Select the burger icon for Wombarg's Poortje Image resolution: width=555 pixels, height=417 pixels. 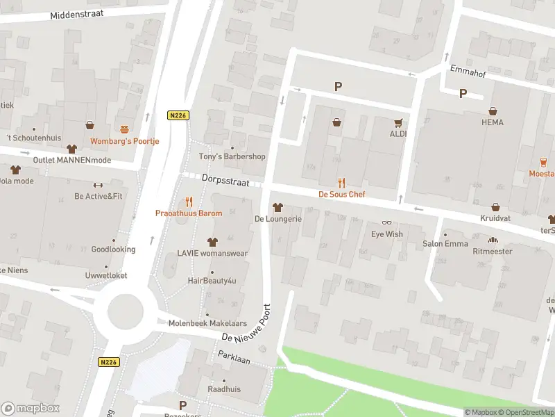tap(125, 129)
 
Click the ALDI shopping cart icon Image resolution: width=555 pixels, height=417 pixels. tap(398, 122)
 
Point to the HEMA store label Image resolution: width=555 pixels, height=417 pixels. tap(493, 122)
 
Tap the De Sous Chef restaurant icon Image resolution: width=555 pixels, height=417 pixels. tap(341, 183)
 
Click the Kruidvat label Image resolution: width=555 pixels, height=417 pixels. tap(495, 218)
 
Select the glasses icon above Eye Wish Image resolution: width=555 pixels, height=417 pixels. tap(386, 222)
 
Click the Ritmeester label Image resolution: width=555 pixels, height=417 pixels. tap(493, 251)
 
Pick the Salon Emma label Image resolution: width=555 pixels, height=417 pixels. tap(445, 244)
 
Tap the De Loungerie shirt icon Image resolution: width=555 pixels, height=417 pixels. tap(277, 207)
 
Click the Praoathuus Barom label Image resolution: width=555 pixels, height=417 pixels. tap(189, 213)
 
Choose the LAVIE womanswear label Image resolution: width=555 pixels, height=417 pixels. tap(212, 254)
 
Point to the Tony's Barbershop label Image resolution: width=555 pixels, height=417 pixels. tap(232, 156)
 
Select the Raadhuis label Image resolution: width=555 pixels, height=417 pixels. tap(223, 389)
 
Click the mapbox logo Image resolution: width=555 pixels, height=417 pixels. tap(31, 409)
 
